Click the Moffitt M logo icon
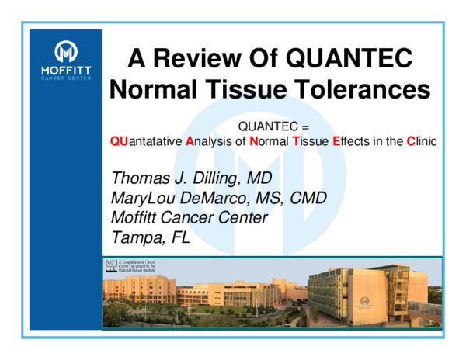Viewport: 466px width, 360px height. (x=66, y=54)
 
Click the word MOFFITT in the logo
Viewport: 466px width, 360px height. (x=66, y=71)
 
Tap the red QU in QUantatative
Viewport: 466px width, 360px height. (x=119, y=142)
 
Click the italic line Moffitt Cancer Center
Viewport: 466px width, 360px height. (x=190, y=217)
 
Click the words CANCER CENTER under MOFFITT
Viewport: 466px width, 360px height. (x=66, y=78)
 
